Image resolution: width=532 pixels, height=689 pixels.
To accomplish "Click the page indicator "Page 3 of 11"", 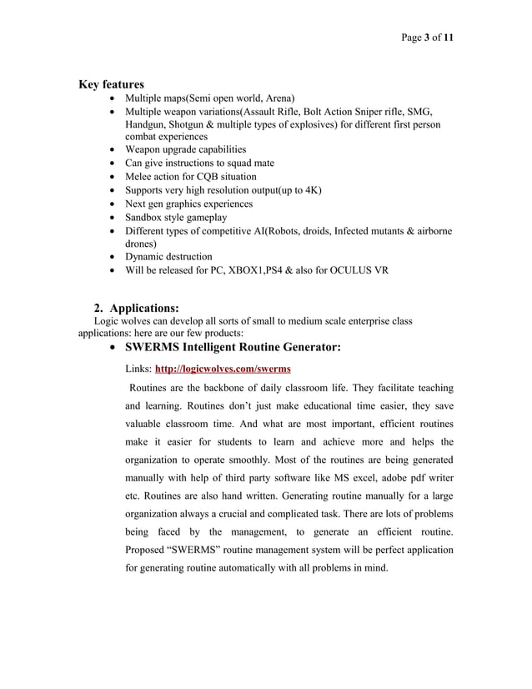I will click(427, 38).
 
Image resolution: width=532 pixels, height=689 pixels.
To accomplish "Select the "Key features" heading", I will click(111, 84).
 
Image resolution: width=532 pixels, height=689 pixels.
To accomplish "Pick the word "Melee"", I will click(140, 176).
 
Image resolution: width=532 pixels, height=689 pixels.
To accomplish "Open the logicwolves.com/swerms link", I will click(223, 368).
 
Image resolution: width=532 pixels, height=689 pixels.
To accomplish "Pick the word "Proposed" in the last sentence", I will click(148, 551).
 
